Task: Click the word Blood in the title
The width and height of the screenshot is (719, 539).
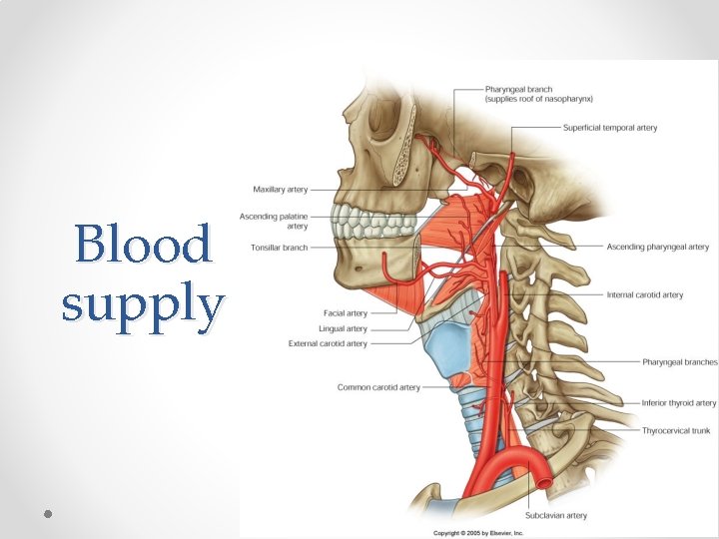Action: [144, 245]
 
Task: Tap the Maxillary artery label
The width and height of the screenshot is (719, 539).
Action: [281, 189]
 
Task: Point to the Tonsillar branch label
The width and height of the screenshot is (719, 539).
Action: [279, 247]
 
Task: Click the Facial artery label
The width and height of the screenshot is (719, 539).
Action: [346, 313]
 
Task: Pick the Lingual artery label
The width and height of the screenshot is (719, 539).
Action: [343, 328]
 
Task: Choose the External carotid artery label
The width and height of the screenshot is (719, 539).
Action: [328, 343]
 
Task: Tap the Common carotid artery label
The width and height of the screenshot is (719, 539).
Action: [378, 387]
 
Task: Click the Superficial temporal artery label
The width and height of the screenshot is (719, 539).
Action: [610, 128]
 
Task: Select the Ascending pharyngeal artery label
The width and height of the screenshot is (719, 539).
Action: [657, 247]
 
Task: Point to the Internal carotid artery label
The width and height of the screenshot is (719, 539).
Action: [645, 295]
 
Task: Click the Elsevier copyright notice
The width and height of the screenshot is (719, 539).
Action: [477, 533]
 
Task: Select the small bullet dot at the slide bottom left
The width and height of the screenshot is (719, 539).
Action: [47, 513]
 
